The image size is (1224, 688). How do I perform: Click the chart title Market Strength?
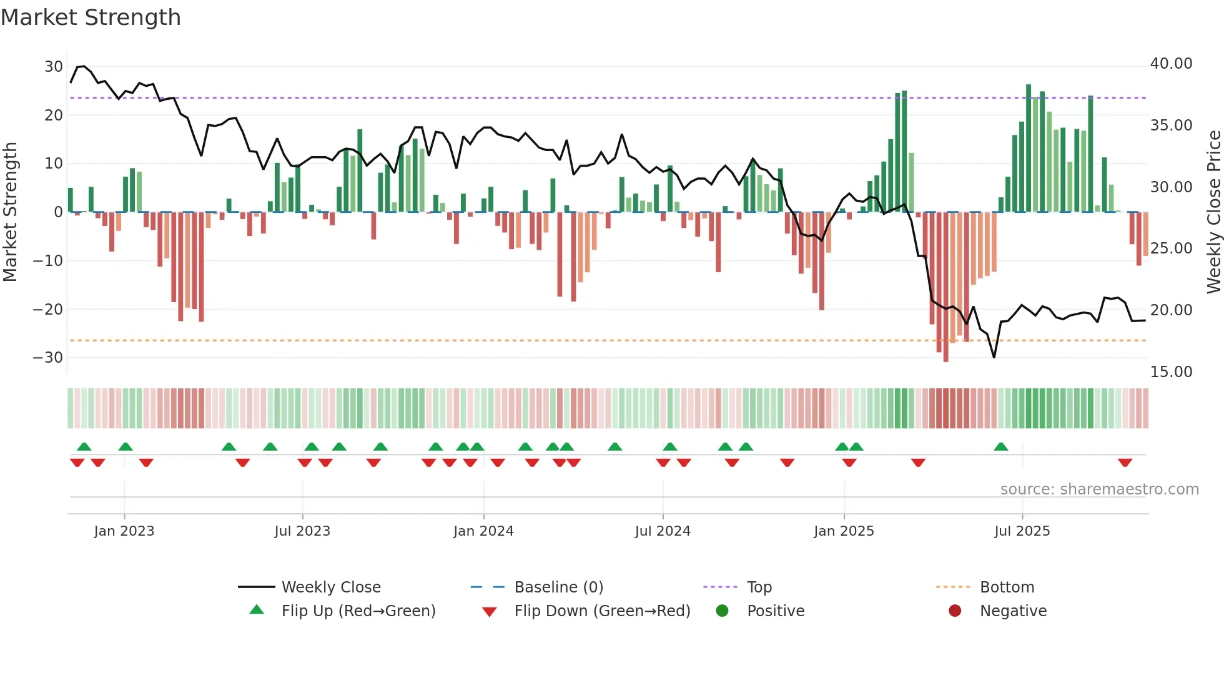[91, 17]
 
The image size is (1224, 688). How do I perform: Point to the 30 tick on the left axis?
[54, 67]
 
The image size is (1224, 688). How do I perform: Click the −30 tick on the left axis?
[48, 358]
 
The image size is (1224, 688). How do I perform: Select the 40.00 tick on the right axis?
[1171, 64]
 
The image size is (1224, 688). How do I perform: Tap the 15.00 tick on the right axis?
[1171, 372]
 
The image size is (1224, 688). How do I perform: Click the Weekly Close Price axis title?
[1213, 212]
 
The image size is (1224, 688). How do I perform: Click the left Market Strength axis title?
[10, 212]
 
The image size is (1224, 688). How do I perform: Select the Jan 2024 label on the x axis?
[483, 531]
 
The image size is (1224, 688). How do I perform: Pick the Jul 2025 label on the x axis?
[1022, 531]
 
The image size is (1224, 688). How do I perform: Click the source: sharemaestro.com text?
[1099, 489]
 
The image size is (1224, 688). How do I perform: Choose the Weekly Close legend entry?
[331, 587]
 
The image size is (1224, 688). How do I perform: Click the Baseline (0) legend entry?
[558, 587]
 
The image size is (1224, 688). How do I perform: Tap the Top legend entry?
[759, 587]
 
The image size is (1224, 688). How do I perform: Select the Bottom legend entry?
[1007, 587]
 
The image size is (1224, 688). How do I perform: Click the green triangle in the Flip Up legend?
[257, 610]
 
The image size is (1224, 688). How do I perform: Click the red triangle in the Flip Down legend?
[490, 612]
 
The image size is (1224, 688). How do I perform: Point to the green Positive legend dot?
[722, 611]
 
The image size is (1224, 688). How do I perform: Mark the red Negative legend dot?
[955, 611]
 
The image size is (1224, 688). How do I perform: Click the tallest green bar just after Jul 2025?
[1029, 149]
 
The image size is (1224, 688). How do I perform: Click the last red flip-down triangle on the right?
[1125, 463]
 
